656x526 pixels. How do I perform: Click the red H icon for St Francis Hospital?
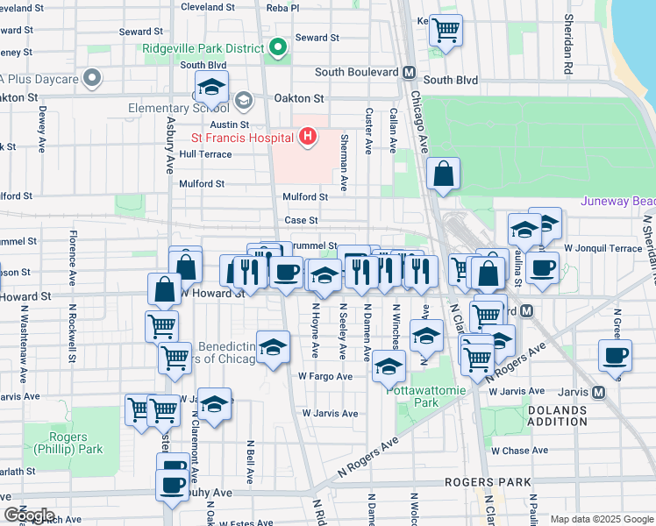[x=307, y=137]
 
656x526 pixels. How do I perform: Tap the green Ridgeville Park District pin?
[x=278, y=47]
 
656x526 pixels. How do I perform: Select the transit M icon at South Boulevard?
[x=408, y=73]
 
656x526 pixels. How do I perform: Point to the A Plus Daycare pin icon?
[x=91, y=79]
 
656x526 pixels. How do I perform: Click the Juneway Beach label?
[x=617, y=201]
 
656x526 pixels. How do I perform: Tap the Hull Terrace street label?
[x=205, y=154]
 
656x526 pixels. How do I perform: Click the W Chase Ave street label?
[x=519, y=451]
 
